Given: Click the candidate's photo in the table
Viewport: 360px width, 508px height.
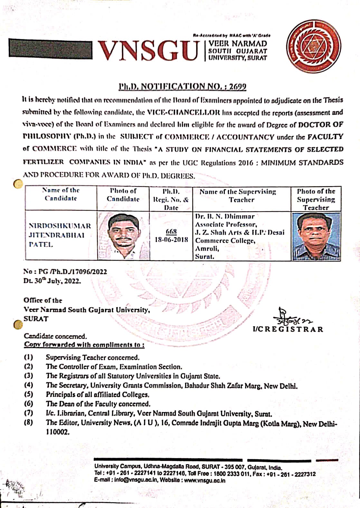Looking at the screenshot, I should (123, 235).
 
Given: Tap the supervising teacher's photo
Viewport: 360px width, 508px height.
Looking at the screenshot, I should (316, 236).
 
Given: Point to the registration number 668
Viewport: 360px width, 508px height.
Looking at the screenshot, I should (171, 231).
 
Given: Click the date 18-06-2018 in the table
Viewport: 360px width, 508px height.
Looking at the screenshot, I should (171, 240).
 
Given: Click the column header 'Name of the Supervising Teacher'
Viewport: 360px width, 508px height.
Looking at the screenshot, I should (242, 196).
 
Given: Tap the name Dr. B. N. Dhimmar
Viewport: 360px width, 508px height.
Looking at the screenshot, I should (225, 216).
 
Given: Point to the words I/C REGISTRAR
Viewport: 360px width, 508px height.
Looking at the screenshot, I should (288, 329).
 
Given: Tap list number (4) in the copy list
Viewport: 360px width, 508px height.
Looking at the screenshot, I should (28, 385).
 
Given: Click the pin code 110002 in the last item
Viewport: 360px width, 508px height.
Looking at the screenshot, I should (58, 432).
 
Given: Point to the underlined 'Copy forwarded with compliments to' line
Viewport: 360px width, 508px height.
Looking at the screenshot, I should (84, 345).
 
